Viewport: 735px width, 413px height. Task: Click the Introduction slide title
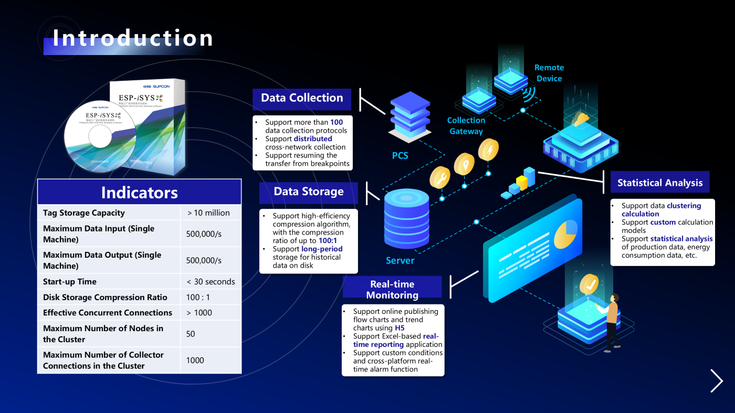(133, 38)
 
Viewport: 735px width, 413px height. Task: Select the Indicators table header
(139, 192)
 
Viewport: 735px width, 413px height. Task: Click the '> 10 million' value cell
(208, 213)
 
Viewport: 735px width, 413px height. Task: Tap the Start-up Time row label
(70, 281)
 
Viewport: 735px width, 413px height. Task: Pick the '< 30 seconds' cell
(211, 281)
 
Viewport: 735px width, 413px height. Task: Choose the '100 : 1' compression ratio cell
(198, 297)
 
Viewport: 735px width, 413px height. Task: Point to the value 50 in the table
(191, 334)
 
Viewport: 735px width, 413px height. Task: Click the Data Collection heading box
(302, 98)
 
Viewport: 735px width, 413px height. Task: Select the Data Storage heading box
(308, 192)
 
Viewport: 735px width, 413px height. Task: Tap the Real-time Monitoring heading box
(392, 289)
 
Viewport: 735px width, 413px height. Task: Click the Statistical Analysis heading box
(660, 183)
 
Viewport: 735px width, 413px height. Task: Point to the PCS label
(400, 155)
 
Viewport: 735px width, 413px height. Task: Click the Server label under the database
(400, 261)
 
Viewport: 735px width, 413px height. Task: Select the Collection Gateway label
(466, 126)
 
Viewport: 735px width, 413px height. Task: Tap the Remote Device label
(549, 73)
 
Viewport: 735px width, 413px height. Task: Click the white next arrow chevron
(717, 381)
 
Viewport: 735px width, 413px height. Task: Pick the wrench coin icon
(440, 177)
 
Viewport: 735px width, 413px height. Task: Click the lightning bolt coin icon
(488, 150)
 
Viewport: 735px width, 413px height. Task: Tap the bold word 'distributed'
(313, 139)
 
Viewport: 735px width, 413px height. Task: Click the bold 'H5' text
(400, 328)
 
